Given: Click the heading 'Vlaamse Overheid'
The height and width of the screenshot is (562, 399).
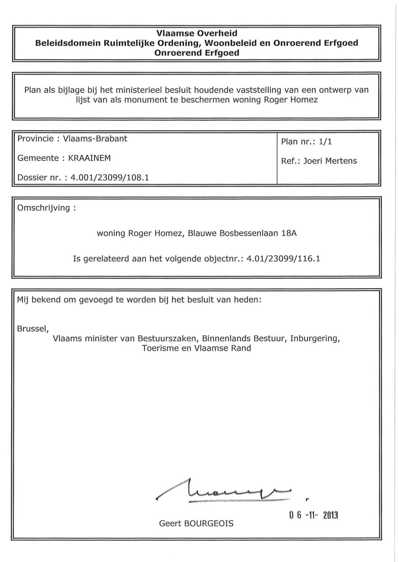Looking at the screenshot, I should tap(197, 33).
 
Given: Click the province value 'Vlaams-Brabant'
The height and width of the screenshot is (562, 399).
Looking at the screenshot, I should tap(95, 139).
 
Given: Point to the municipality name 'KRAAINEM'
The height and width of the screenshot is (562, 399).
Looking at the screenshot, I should tap(89, 158).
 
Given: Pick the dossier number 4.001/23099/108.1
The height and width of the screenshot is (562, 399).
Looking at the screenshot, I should tap(109, 178).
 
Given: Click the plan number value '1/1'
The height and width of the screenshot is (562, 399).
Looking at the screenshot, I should tap(325, 142).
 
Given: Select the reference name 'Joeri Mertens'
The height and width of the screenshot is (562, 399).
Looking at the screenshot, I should tap(330, 161).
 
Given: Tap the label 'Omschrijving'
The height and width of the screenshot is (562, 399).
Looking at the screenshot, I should tap(43, 208).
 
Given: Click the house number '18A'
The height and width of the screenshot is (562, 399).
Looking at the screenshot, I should tap(289, 233).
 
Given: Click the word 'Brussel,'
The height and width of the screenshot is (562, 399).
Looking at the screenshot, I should tap(33, 329).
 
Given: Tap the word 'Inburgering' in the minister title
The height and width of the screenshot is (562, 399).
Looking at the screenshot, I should tap(314, 338).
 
